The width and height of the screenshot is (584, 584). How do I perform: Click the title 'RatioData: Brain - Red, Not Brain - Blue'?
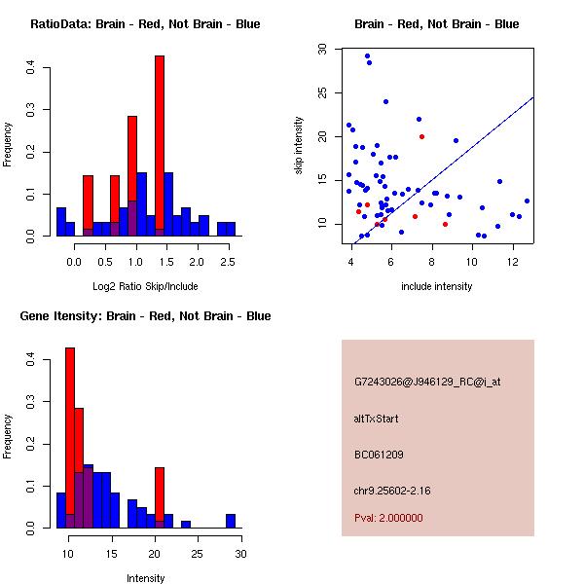point(145,24)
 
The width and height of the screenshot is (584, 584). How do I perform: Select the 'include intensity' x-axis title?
point(438,286)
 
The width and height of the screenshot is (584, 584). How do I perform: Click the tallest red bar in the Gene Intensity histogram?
point(70,438)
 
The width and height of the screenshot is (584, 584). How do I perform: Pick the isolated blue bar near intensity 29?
point(231,521)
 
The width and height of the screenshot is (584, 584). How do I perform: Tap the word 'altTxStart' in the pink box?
point(376,419)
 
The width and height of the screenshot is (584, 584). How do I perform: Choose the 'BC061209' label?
point(379,455)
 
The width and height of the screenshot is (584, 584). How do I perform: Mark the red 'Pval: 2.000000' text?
point(388,518)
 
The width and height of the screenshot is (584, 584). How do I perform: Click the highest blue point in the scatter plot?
point(367,56)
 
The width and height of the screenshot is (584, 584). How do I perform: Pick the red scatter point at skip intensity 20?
point(421,136)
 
